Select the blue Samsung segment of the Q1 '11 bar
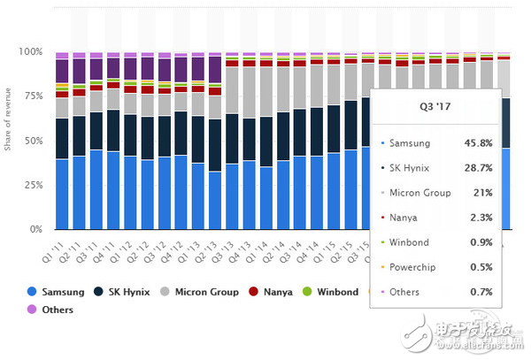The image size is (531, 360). pos(62,195)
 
